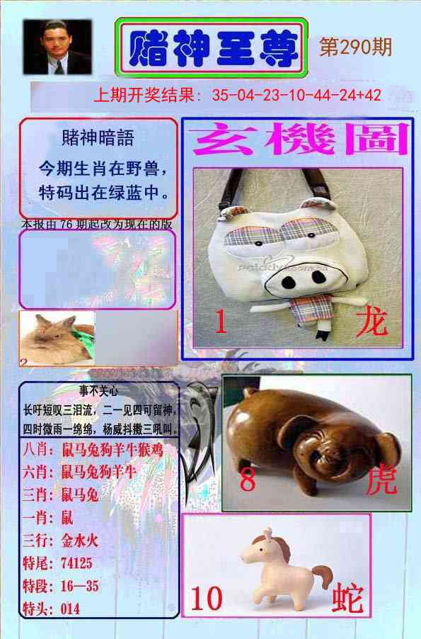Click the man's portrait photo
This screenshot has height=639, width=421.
(x=57, y=47)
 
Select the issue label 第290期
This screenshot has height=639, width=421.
(x=356, y=47)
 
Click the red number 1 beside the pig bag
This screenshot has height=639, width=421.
(x=220, y=324)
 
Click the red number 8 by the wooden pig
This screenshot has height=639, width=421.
(x=247, y=481)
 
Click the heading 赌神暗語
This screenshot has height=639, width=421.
(x=98, y=137)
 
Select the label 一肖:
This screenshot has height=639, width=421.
(x=38, y=516)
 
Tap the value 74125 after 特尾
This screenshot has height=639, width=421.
(x=73, y=562)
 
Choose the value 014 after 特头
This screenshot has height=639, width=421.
(x=69, y=609)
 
